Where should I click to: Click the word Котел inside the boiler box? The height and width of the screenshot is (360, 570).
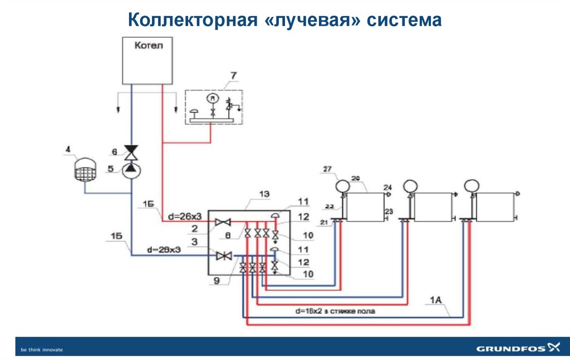coord(149,46)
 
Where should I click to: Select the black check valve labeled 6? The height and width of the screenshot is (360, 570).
coord(131,151)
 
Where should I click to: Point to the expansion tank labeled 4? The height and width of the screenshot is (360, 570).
coord(84,169)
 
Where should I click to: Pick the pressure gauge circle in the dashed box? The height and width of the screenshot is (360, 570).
coord(211,98)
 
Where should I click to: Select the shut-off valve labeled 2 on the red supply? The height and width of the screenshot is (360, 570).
coord(224,223)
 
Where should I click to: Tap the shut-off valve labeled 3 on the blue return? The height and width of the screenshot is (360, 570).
coord(224,256)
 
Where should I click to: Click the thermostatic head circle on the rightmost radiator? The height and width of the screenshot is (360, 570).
coord(472,185)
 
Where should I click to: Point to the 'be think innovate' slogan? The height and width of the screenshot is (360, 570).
coord(42,349)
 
